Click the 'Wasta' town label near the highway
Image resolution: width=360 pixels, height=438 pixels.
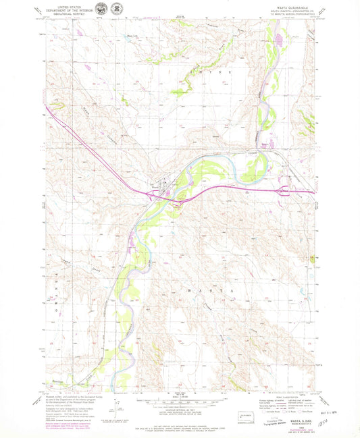155,187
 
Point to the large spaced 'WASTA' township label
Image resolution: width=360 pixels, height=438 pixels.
202,290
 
